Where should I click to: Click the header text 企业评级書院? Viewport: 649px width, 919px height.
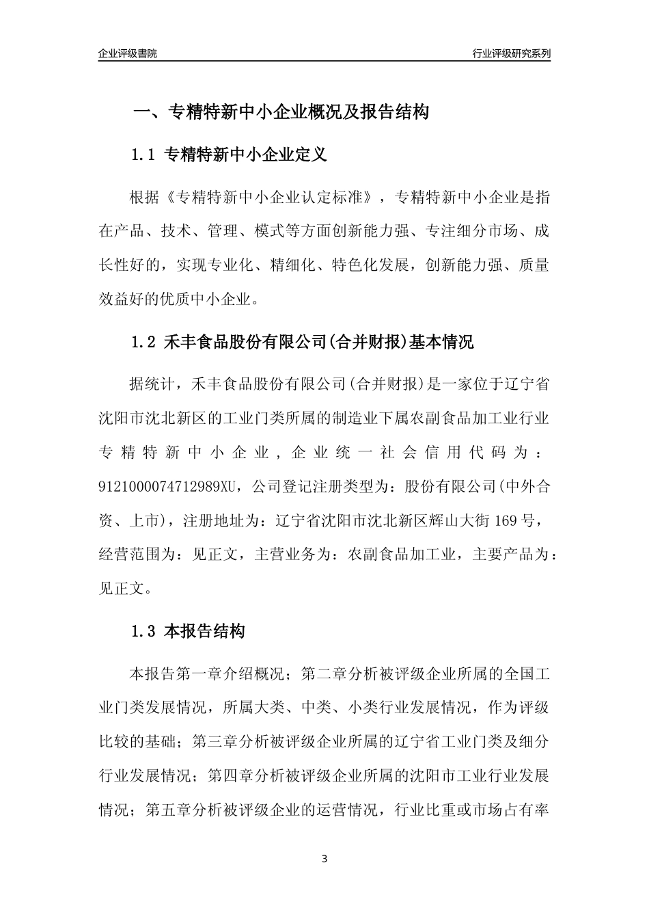pyautogui.click(x=128, y=53)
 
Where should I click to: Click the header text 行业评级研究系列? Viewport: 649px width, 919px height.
pyautogui.click(x=511, y=53)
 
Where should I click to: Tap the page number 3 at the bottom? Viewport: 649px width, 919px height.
pyautogui.click(x=324, y=859)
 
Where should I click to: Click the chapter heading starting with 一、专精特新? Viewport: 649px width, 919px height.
pyautogui.click(x=281, y=112)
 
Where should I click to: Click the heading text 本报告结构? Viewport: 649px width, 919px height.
pyautogui.click(x=204, y=632)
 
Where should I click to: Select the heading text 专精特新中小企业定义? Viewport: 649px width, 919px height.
pyautogui.click(x=246, y=155)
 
